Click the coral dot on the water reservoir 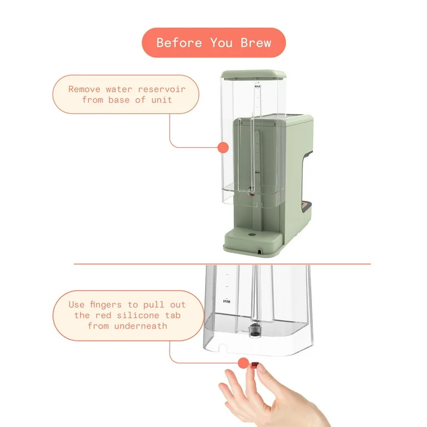[x=223, y=147]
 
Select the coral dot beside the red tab [x=243, y=363]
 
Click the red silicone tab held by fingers [x=255, y=365]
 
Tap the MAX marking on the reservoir [x=257, y=87]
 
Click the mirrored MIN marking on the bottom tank [x=227, y=301]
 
